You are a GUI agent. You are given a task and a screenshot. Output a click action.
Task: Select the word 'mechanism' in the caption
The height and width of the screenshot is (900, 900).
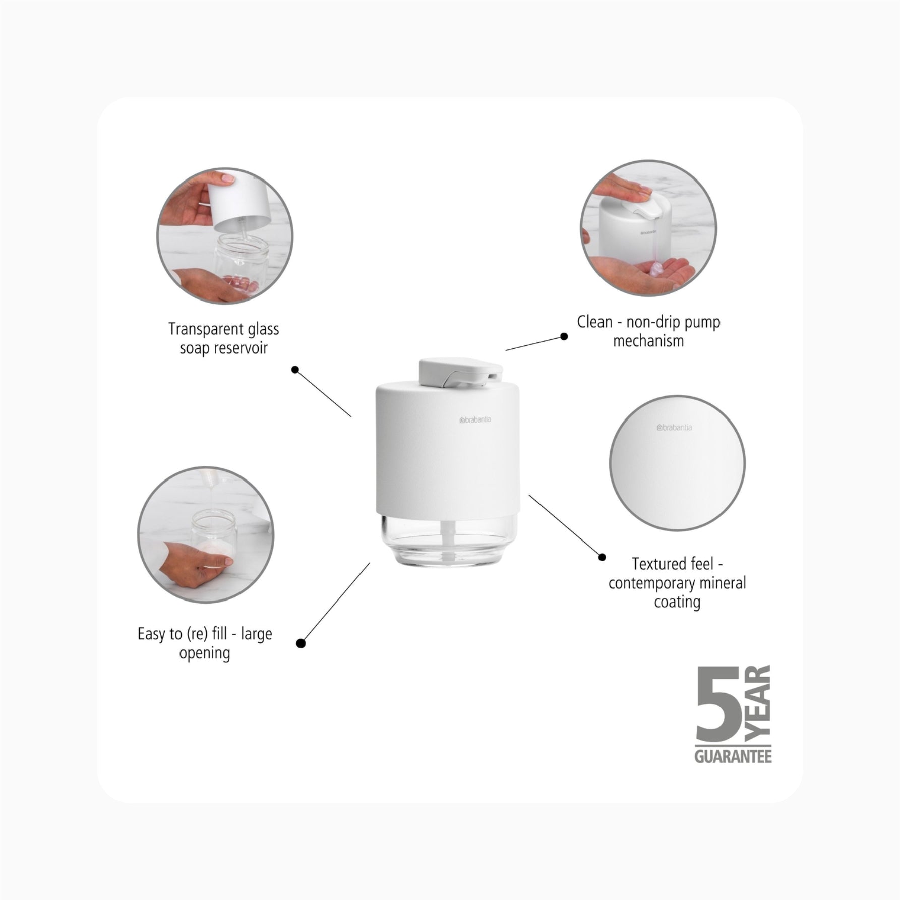coord(648,341)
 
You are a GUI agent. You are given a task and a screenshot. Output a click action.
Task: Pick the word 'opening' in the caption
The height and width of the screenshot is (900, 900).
coord(205,653)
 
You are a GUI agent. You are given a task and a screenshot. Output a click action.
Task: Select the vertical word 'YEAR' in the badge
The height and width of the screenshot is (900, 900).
coord(758,704)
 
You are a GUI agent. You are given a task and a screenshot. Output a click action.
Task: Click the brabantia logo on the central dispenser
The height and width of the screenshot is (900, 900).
coord(475,419)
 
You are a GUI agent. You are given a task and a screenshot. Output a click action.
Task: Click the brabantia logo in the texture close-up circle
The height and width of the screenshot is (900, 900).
coord(674,428)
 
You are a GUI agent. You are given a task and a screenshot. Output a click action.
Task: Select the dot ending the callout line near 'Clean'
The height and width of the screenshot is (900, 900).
coord(564,336)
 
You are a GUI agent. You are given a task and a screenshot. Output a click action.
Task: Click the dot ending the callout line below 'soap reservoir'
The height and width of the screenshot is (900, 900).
coord(295,370)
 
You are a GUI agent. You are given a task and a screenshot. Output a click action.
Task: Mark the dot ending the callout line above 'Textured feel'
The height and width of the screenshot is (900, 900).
coord(602,557)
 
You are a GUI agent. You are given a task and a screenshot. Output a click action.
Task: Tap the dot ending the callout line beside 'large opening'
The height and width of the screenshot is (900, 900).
coord(301,643)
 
